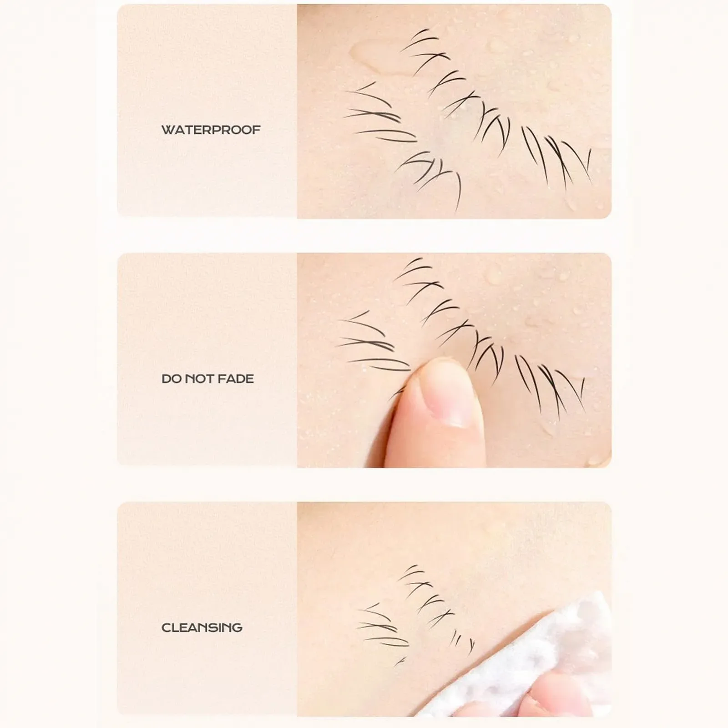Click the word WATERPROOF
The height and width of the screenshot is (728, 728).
[211, 130]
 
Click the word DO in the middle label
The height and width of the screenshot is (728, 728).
[171, 379]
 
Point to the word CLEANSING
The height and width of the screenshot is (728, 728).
[202, 627]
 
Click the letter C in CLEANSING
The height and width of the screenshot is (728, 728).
[167, 627]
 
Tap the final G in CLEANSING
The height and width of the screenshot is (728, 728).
[237, 627]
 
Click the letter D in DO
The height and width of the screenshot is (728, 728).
[166, 379]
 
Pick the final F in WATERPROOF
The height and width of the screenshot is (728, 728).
[257, 130]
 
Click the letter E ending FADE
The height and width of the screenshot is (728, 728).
[250, 379]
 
